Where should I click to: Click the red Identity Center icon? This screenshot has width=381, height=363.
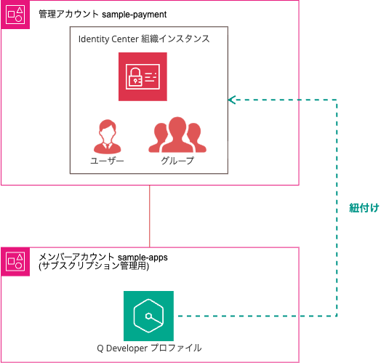[143, 76]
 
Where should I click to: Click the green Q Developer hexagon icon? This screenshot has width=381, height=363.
[148, 316]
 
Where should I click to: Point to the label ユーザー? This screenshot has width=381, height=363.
[107, 161]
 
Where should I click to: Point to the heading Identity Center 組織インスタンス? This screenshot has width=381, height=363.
[144, 39]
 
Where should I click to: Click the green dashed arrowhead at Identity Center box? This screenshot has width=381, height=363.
[232, 99]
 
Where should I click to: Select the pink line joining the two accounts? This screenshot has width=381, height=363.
[150, 216]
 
